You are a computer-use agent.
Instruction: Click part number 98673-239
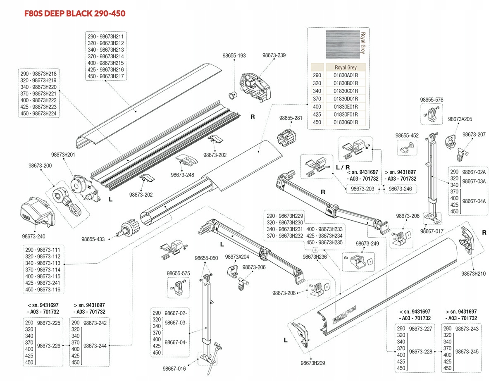[274, 55]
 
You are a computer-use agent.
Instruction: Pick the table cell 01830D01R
[346, 99]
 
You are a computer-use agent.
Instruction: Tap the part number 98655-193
[234, 55]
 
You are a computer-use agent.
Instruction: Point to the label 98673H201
[63, 155]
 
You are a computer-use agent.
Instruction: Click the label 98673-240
[34, 236]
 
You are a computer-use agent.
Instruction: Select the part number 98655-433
[93, 239]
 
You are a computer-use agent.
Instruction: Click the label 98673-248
[182, 175]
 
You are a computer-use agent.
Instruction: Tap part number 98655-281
[291, 118]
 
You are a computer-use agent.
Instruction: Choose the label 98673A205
[460, 119]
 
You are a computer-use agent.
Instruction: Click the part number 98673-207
[474, 135]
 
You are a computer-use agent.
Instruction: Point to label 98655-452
[407, 136]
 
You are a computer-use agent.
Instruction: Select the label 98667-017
[432, 231]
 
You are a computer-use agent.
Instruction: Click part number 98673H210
[474, 274]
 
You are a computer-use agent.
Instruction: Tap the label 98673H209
[313, 363]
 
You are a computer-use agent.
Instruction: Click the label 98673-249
[367, 243]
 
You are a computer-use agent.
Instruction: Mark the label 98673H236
[315, 257]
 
